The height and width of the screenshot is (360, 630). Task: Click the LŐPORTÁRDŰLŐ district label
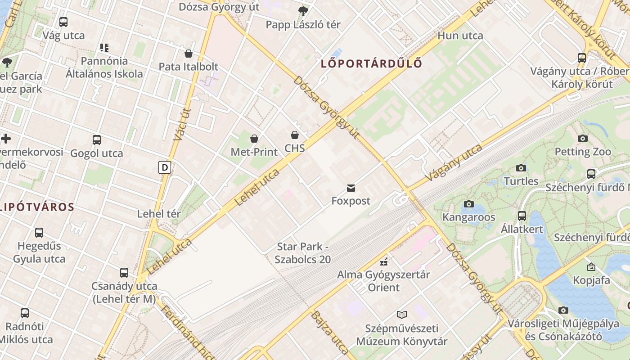tap(372, 63)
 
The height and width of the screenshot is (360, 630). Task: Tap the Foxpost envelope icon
tap(351, 188)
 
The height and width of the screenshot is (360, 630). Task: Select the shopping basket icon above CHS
tap(294, 135)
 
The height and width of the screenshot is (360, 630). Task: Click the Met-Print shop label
tap(254, 152)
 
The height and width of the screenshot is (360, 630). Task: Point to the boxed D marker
tap(165, 168)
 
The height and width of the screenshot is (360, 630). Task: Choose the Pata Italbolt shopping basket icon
tap(189, 54)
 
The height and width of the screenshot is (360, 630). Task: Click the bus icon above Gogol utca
tap(96, 140)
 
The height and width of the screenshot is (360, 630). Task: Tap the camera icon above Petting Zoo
tap(583, 138)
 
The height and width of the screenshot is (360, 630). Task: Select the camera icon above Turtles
tap(521, 168)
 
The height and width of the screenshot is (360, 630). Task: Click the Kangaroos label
tap(469, 217)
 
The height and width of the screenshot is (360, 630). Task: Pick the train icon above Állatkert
tap(522, 216)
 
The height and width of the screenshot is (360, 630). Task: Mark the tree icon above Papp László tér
tap(303, 11)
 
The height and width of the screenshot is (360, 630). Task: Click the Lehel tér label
tap(159, 214)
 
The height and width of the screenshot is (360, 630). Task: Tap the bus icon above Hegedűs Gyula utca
tap(39, 233)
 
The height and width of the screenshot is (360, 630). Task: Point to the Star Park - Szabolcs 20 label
tap(303, 253)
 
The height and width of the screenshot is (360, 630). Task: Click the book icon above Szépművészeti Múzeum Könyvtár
tap(402, 315)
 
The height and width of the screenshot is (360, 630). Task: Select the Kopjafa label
tap(591, 280)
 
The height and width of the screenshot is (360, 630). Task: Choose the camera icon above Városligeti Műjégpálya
tap(563, 310)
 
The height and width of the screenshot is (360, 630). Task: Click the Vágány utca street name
tap(454, 162)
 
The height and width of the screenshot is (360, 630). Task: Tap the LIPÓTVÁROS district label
tap(37, 207)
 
